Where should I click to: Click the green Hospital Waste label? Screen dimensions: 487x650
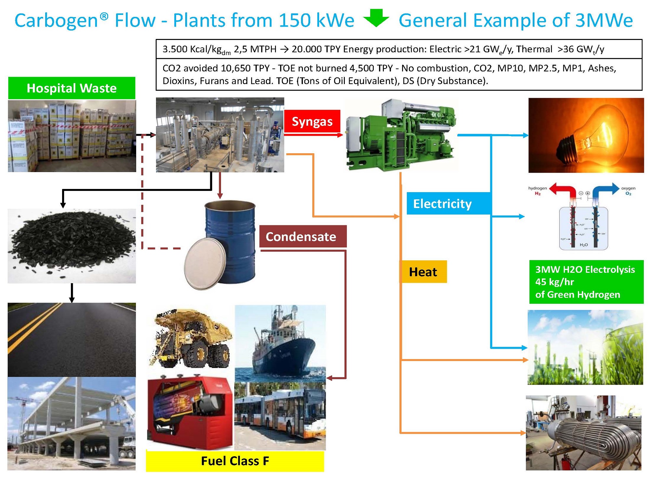[x=71, y=88]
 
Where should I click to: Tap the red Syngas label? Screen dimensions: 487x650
[x=312, y=121]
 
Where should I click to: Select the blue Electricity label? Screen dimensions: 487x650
[x=448, y=204]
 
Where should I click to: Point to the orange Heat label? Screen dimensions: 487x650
[x=423, y=272]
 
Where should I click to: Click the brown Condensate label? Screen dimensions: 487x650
[x=303, y=236]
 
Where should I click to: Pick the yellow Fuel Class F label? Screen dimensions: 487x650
[x=235, y=461]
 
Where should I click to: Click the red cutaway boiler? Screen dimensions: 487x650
[x=190, y=412]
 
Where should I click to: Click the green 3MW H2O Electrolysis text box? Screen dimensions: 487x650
[x=586, y=281]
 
